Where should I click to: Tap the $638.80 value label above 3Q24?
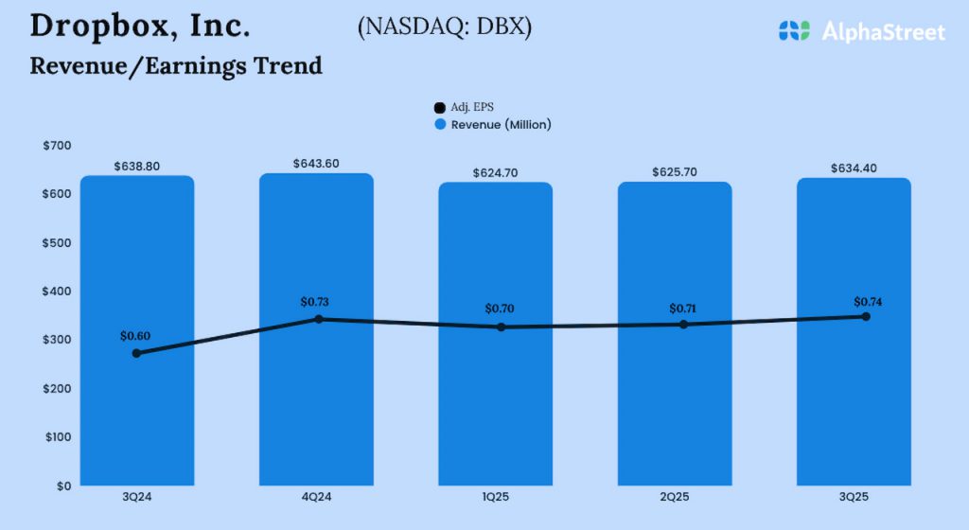[137, 166]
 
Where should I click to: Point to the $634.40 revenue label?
[854, 168]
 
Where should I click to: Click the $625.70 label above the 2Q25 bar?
[675, 172]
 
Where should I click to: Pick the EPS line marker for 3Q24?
[137, 353]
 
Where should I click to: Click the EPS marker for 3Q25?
[865, 316]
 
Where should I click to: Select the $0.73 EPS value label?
[315, 302]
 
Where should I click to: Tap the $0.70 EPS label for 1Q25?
[500, 309]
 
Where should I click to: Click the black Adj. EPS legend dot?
[439, 108]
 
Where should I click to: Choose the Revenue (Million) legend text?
[501, 125]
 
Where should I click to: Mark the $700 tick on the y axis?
[57, 145]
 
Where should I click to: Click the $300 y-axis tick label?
[57, 340]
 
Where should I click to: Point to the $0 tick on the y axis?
[63, 486]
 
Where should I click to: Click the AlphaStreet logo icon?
[794, 31]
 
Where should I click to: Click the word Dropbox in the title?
[98, 26]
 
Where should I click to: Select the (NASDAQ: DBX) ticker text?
[445, 27]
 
